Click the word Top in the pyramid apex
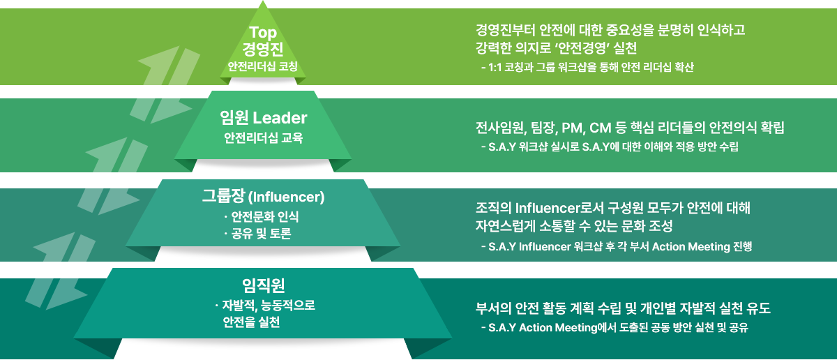click(263, 33)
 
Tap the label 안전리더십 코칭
click(263, 66)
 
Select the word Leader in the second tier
click(280, 118)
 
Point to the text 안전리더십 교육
click(263, 138)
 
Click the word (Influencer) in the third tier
click(286, 197)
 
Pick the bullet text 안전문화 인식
click(265, 216)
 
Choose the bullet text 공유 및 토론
click(261, 234)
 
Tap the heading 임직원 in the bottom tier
click(264, 285)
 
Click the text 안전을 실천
click(251, 322)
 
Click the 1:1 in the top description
click(495, 67)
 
